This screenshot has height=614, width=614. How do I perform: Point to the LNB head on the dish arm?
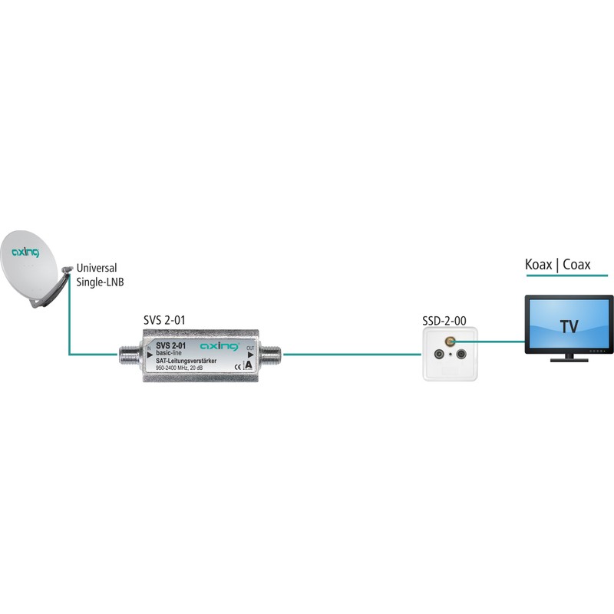(68, 269)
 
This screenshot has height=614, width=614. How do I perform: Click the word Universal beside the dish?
(97, 269)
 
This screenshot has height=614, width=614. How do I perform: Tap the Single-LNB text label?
(101, 282)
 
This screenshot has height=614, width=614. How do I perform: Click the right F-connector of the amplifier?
(271, 355)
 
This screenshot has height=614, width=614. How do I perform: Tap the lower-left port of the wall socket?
(439, 355)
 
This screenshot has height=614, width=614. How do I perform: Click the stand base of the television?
(569, 358)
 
